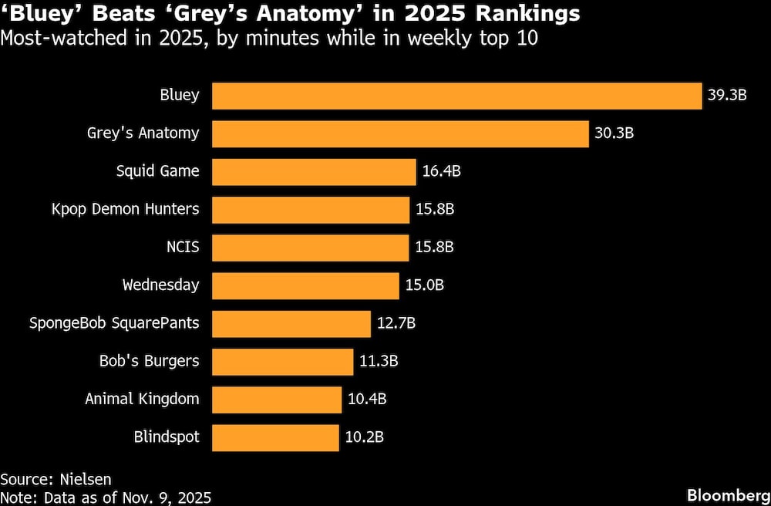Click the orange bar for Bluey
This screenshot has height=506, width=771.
pos(456,96)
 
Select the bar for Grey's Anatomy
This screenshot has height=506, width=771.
pos(400,133)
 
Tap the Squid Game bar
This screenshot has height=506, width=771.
pos(314,171)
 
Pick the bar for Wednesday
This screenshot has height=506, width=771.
pos(305,285)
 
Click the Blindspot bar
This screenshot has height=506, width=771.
pos(275,437)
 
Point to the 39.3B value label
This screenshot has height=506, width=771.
pos(727,96)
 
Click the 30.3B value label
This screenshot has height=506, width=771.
pos(614,133)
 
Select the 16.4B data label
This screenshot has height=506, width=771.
pos(441,171)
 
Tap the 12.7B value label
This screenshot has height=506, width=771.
pos(396,323)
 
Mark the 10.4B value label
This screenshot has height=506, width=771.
pos(367,400)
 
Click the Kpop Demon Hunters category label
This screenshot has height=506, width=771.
pos(125,209)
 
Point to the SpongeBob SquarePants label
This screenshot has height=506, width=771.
pos(114,323)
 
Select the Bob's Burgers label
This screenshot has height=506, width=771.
pos(149,361)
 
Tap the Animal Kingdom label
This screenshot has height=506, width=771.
pos(142,400)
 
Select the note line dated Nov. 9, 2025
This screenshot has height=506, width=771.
pos(106,498)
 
